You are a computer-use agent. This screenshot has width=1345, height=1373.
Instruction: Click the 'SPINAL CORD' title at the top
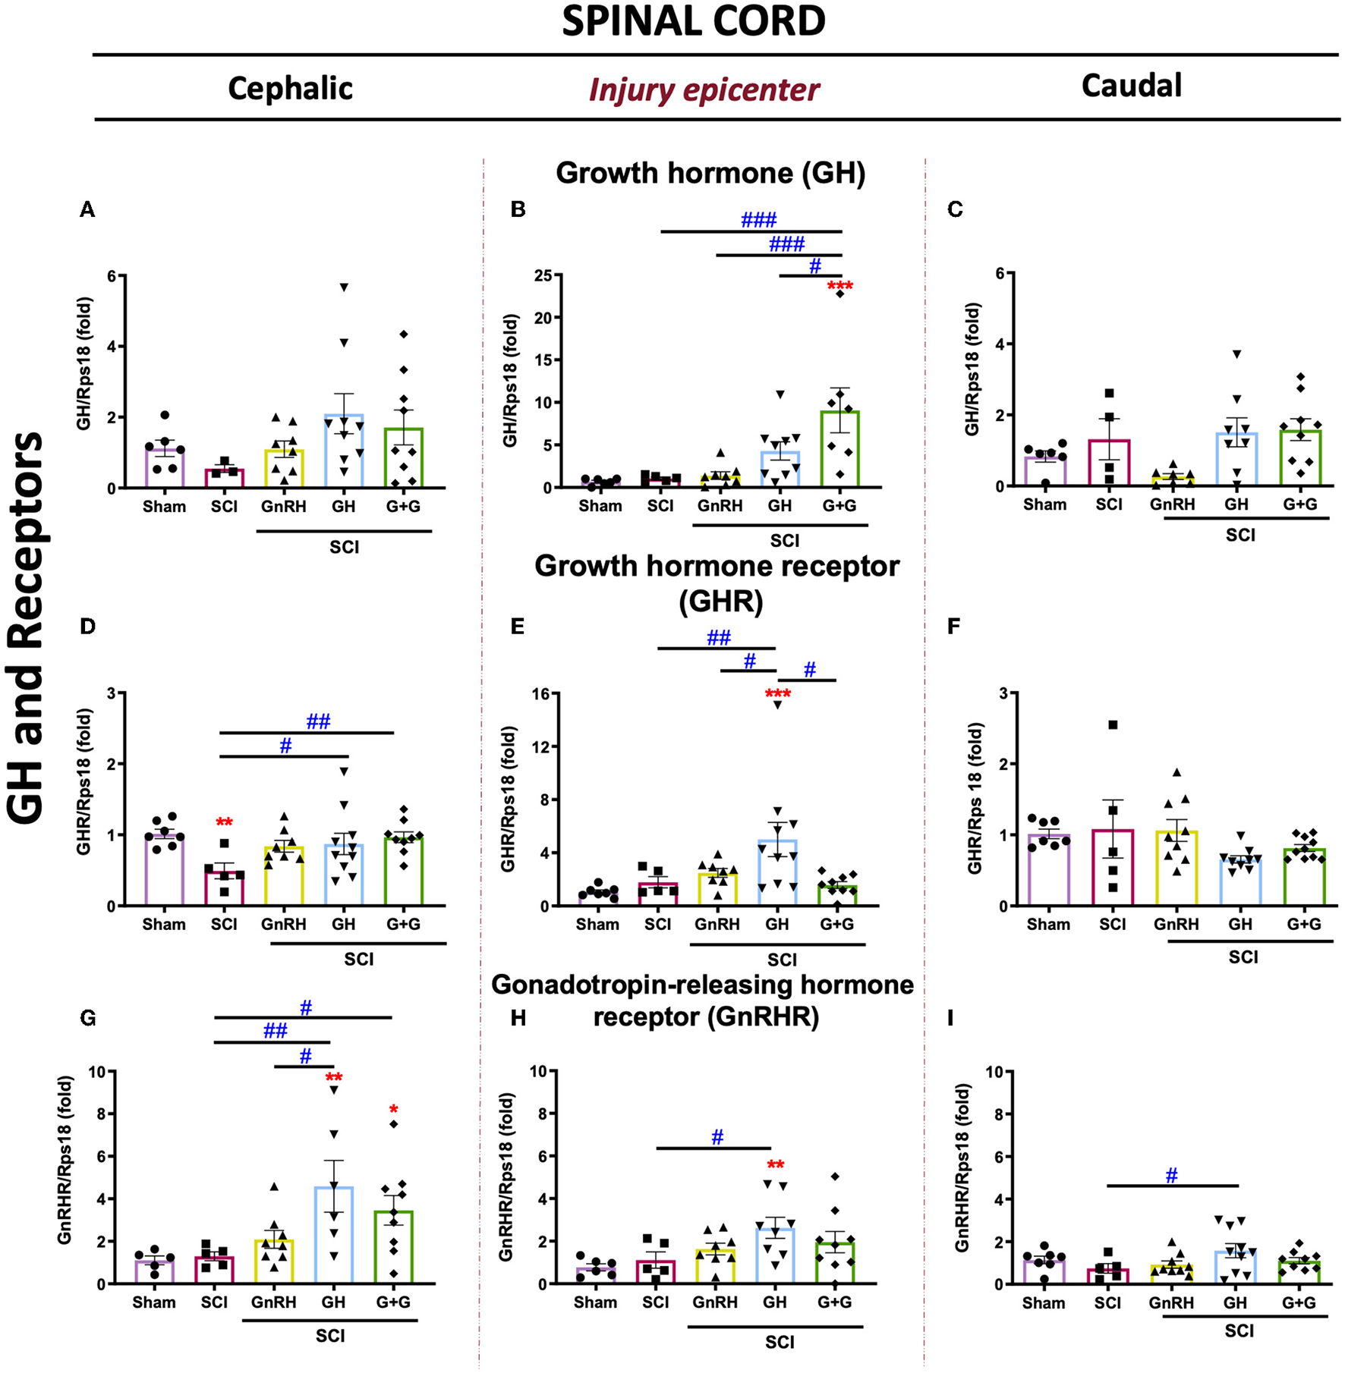[693, 21]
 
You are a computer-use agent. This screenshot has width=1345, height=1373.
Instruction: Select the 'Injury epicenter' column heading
[704, 90]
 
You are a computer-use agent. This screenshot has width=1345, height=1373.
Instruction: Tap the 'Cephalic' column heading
[290, 88]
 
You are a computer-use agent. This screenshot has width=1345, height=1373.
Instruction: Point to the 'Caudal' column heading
[1131, 85]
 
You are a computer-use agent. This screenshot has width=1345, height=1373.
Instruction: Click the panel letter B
[518, 209]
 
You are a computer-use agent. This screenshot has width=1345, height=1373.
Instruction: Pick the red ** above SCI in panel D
[224, 822]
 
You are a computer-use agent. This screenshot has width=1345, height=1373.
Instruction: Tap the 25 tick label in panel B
[543, 275]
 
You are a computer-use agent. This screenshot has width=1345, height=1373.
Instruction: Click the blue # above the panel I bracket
[1171, 1175]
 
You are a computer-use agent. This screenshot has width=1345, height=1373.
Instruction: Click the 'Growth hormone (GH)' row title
[710, 173]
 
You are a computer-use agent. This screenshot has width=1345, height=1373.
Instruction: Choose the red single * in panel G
[393, 1110]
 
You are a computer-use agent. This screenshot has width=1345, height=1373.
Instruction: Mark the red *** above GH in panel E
[777, 693]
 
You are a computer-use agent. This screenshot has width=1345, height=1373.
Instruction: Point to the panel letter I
[951, 1018]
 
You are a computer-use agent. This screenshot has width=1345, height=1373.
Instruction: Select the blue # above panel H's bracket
[717, 1136]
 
